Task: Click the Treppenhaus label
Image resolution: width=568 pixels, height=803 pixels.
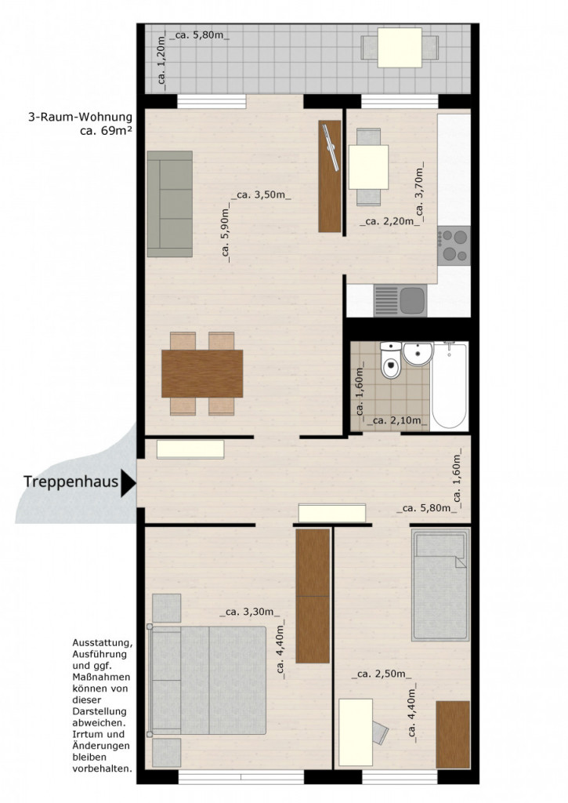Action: (x=71, y=482)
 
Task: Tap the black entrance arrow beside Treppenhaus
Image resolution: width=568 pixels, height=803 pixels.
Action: (x=128, y=483)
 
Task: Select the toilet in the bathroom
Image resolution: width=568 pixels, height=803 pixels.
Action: (x=391, y=360)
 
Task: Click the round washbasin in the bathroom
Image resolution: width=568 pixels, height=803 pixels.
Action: (x=418, y=354)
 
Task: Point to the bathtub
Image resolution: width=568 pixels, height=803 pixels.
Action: (x=449, y=386)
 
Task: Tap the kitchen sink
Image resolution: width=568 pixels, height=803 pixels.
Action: (x=400, y=300)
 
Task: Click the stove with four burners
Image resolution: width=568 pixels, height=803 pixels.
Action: (x=454, y=245)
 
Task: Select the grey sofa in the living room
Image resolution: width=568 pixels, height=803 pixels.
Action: (x=170, y=204)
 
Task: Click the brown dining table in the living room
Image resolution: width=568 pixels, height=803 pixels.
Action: (x=202, y=373)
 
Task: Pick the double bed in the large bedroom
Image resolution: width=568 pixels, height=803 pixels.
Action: (x=207, y=680)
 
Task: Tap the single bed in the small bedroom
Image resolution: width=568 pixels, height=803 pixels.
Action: (x=440, y=585)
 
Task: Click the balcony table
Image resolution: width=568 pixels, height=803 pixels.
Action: (x=400, y=48)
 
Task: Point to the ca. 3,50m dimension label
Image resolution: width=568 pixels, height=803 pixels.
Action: (x=262, y=194)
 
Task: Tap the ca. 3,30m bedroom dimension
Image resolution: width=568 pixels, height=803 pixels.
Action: (x=250, y=611)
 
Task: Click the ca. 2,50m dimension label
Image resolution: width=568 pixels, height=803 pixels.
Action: (x=382, y=674)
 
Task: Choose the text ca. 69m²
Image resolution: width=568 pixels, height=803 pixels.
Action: (x=107, y=130)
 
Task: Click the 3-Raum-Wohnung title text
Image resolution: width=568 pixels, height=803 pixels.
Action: (x=81, y=118)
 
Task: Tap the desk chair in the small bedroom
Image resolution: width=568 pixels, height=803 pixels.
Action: (x=380, y=732)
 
